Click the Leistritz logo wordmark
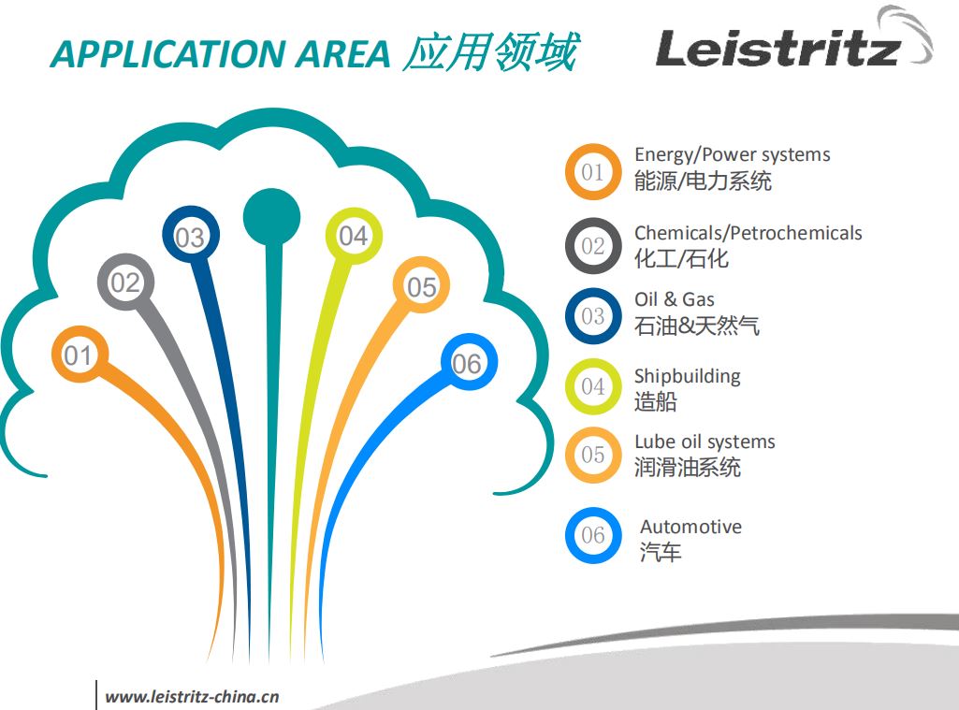[777, 48]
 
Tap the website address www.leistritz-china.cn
[192, 697]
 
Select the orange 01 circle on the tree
[80, 355]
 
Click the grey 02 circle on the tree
[125, 282]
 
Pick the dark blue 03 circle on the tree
[191, 235]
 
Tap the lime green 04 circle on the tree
[354, 236]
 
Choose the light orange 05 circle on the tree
[421, 285]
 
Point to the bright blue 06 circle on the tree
[469, 362]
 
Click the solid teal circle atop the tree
[271, 217]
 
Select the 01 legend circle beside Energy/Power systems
[592, 172]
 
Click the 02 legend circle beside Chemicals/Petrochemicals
[592, 246]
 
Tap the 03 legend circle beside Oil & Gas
[592, 316]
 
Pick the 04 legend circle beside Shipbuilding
[592, 386]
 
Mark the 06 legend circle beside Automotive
[592, 535]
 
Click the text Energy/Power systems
[732, 154]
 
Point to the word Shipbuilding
[688, 376]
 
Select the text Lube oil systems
[705, 442]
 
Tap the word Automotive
[691, 527]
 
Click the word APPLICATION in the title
[167, 54]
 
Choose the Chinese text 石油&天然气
[697, 326]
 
